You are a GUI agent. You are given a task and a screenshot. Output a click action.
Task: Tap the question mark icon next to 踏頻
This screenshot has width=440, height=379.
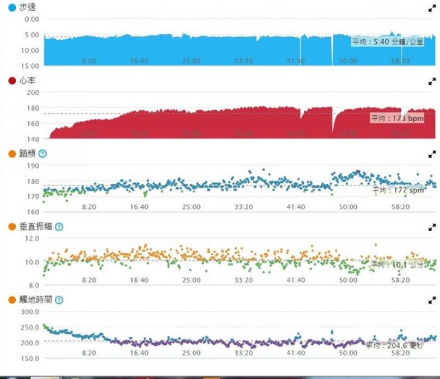point(43,154)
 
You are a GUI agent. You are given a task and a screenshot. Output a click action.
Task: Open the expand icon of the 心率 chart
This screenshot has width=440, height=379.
point(432,81)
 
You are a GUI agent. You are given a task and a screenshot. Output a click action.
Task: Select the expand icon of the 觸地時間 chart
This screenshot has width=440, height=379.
point(432,300)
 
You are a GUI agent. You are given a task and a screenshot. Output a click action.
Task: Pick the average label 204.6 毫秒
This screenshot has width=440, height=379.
point(394,345)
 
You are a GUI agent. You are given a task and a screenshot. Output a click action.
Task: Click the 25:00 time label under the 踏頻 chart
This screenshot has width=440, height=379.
point(191,207)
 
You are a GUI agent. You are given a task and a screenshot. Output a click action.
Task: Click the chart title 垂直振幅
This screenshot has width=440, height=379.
point(37,226)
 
